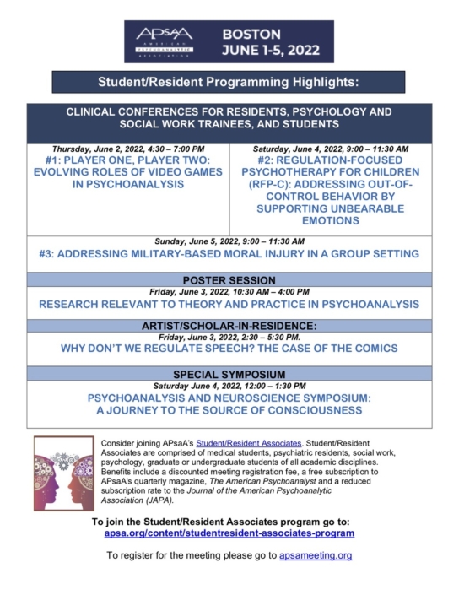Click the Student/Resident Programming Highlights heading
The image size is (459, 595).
tap(229, 82)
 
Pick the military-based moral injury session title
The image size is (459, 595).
tap(229, 254)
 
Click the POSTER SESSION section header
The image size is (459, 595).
tap(229, 279)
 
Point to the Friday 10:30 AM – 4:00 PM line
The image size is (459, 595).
tap(229, 292)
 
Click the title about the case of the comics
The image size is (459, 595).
tap(229, 348)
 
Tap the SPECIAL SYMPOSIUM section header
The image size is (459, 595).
tap(229, 372)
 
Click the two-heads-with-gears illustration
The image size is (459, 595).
tap(64, 473)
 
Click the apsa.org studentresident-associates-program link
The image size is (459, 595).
tap(229, 533)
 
